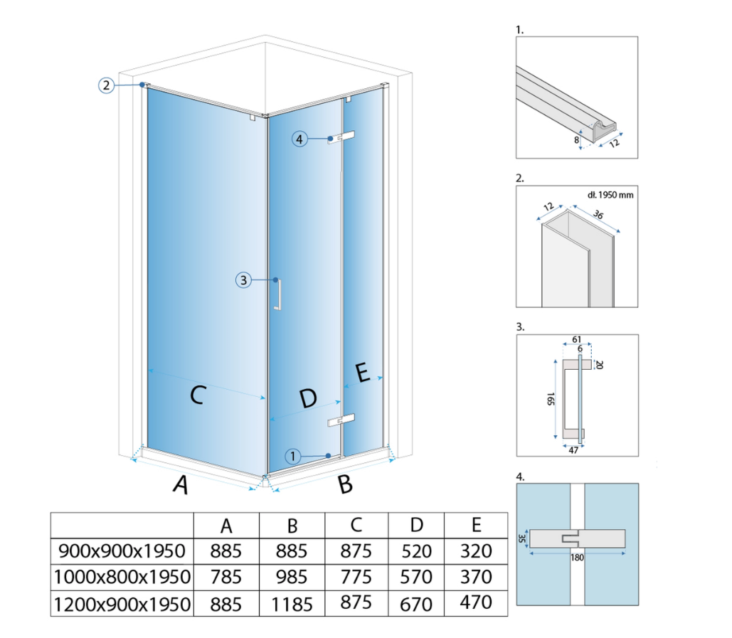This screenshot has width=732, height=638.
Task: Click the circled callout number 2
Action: pyautogui.click(x=107, y=85)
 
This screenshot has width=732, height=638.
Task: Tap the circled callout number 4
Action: pyautogui.click(x=299, y=139)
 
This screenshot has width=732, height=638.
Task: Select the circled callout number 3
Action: pyautogui.click(x=243, y=280)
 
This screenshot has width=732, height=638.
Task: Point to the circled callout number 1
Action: pyautogui.click(x=292, y=456)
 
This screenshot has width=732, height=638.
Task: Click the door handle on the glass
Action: pyautogui.click(x=277, y=294)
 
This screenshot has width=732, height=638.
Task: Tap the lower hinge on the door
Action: pyautogui.click(x=341, y=420)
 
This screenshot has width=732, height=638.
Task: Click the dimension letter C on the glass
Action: pyautogui.click(x=198, y=395)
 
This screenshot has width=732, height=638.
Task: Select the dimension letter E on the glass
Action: pyautogui.click(x=363, y=373)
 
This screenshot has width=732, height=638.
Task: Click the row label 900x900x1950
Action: pyautogui.click(x=122, y=551)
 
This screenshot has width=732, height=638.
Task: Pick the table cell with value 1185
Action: pyautogui.click(x=292, y=605)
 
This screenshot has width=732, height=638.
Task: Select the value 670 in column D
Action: pyautogui.click(x=416, y=605)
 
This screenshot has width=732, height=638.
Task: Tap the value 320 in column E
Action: pyautogui.click(x=476, y=551)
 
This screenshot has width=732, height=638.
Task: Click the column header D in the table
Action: pyautogui.click(x=416, y=525)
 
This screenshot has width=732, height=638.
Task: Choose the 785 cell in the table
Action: pyautogui.click(x=226, y=578)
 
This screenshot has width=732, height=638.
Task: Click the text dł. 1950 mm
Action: pyautogui.click(x=610, y=195)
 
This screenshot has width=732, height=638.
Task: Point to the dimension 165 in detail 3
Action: pyautogui.click(x=551, y=399)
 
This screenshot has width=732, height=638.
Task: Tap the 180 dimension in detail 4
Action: pyautogui.click(x=577, y=558)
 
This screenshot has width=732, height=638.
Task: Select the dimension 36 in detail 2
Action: pyautogui.click(x=598, y=214)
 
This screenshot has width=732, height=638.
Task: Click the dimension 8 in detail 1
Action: pyautogui.click(x=576, y=140)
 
